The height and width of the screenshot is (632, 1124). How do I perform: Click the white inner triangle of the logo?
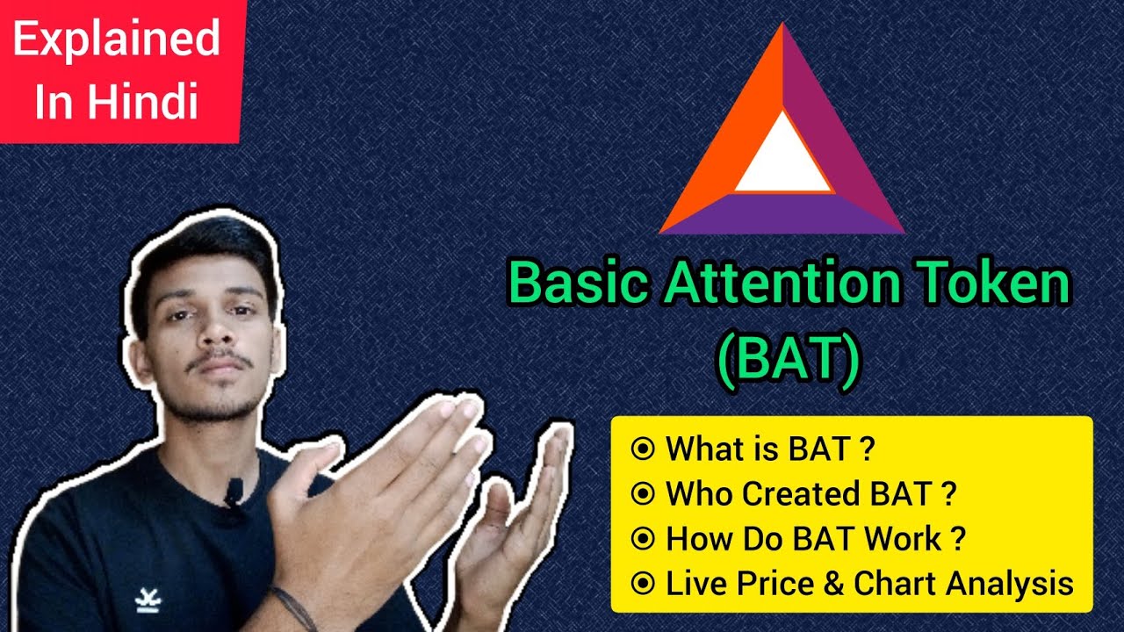pos(782,157)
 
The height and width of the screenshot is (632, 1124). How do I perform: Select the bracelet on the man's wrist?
pos(293,606)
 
